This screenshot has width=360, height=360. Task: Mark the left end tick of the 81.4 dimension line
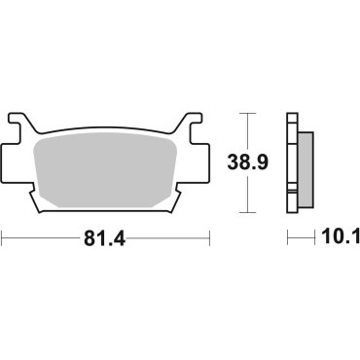2,236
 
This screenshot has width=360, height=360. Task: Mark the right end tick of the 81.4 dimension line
209,236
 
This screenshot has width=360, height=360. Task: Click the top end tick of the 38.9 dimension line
252,114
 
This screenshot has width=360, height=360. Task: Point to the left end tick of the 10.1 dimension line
288,236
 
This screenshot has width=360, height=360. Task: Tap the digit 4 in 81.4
123,236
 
